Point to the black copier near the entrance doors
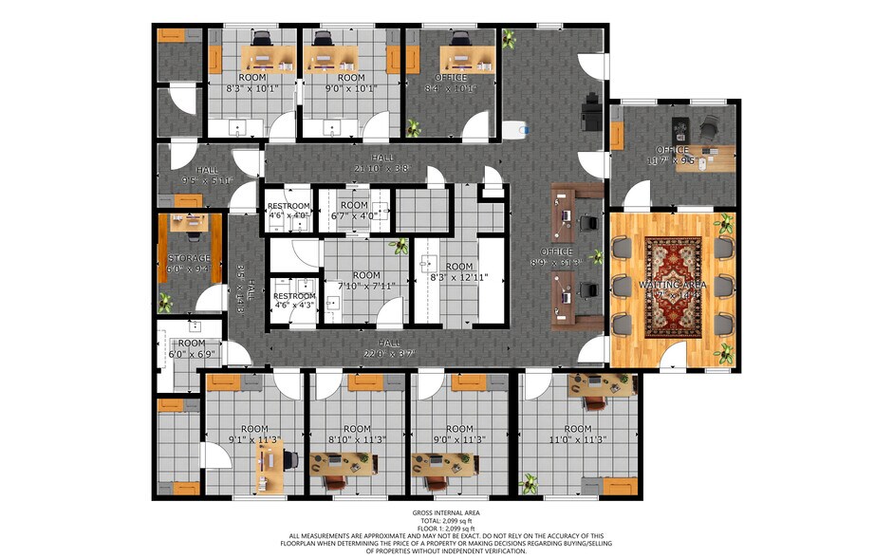[x=590, y=111]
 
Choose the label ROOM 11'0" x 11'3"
[x=577, y=435]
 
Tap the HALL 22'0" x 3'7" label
[x=388, y=348]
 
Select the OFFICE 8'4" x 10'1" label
[x=451, y=83]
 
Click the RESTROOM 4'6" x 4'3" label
[x=294, y=301]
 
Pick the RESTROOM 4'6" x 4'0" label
[x=288, y=211]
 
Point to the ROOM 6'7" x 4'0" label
[x=354, y=211]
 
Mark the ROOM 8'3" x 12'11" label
[x=458, y=271]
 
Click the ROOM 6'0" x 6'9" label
[x=191, y=348]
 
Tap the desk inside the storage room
[x=189, y=225]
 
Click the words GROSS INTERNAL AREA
[x=445, y=513]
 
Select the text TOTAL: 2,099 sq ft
[x=445, y=521]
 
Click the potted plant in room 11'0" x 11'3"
[x=529, y=485]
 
